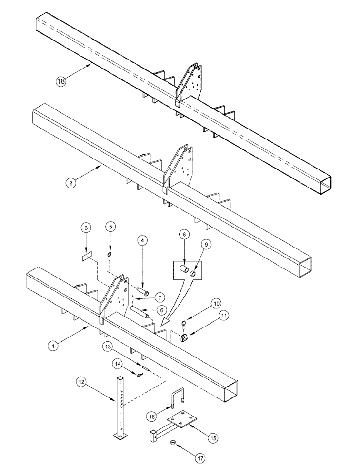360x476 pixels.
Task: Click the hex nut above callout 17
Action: [x=173, y=443]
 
